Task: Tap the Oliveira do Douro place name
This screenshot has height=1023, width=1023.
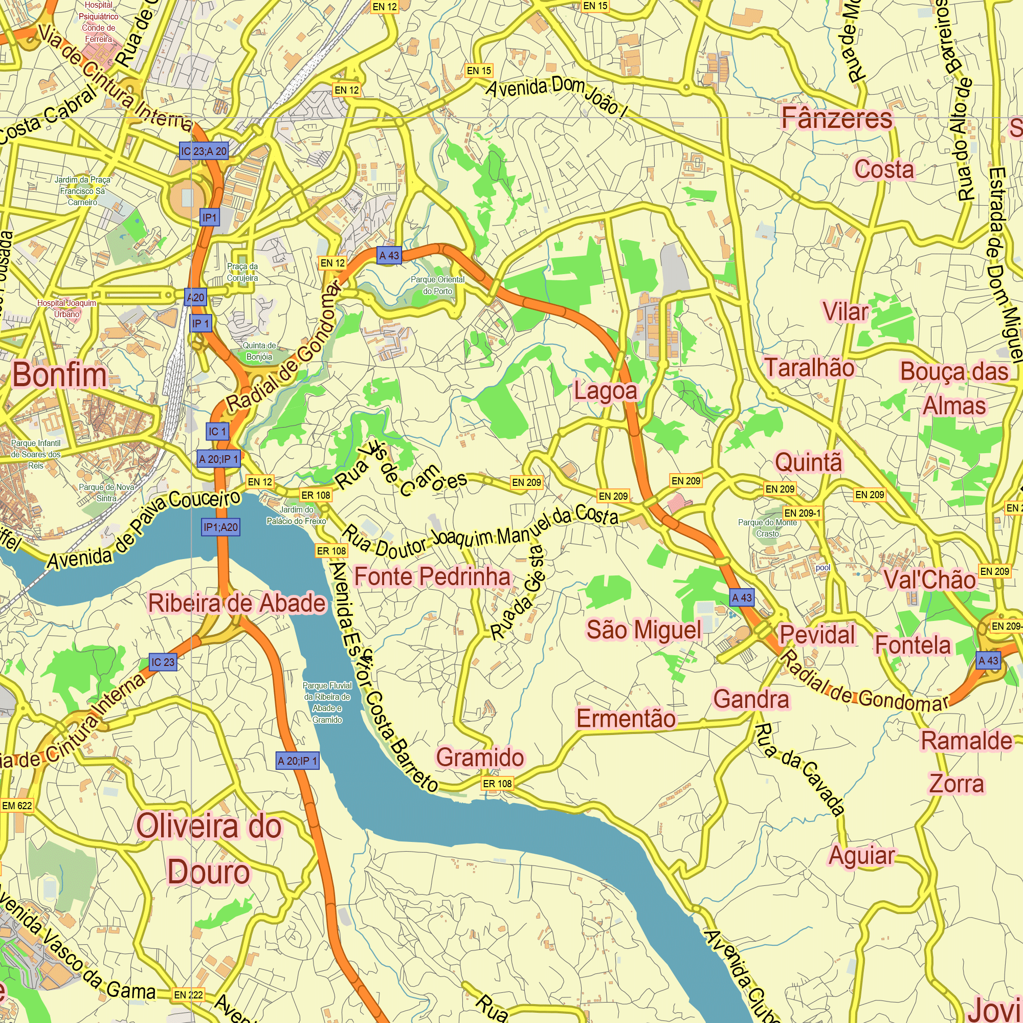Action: [x=209, y=849]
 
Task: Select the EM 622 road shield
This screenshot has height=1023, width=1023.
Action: [x=17, y=806]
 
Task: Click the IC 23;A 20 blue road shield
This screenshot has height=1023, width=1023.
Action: [x=204, y=151]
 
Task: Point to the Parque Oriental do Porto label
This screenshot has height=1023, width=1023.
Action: [x=437, y=285]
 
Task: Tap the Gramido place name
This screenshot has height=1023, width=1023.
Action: [x=480, y=757]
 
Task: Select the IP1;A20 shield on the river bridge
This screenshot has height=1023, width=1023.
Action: [x=221, y=527]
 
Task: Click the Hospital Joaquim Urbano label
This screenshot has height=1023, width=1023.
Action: [x=66, y=308]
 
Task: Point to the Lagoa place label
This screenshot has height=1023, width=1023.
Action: [x=606, y=391]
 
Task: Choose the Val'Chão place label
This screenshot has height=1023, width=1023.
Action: [x=929, y=580]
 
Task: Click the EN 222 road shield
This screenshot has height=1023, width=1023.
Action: [x=189, y=995]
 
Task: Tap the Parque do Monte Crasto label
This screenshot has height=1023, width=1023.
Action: [x=767, y=528]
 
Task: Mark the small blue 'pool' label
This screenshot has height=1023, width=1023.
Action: [x=823, y=568]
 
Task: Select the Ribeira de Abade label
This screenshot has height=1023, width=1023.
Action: [x=237, y=603]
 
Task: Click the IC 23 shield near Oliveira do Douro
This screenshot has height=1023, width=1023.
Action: [x=163, y=662]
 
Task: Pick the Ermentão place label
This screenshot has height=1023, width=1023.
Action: [x=626, y=719]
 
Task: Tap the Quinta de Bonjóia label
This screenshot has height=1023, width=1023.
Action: [x=259, y=351]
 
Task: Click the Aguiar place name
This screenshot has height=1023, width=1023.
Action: [x=861, y=855]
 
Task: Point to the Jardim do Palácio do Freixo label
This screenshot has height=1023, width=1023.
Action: [x=296, y=515]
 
